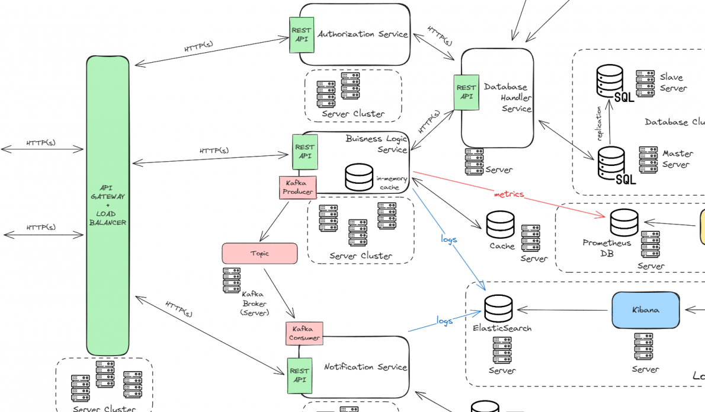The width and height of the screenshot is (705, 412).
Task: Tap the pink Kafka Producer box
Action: click(x=297, y=187)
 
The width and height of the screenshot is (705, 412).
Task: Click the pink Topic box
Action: click(x=259, y=253)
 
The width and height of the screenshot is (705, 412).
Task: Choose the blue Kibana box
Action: click(x=645, y=309)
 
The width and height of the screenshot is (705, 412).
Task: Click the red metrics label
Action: click(x=509, y=194)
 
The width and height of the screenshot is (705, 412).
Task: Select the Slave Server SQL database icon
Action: click(x=610, y=81)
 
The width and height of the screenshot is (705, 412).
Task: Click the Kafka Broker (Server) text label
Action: click(x=255, y=303)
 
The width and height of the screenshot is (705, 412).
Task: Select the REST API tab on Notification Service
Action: click(x=300, y=376)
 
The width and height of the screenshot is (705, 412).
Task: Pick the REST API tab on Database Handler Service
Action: click(x=466, y=92)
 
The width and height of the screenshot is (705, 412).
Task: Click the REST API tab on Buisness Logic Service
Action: click(x=305, y=152)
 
